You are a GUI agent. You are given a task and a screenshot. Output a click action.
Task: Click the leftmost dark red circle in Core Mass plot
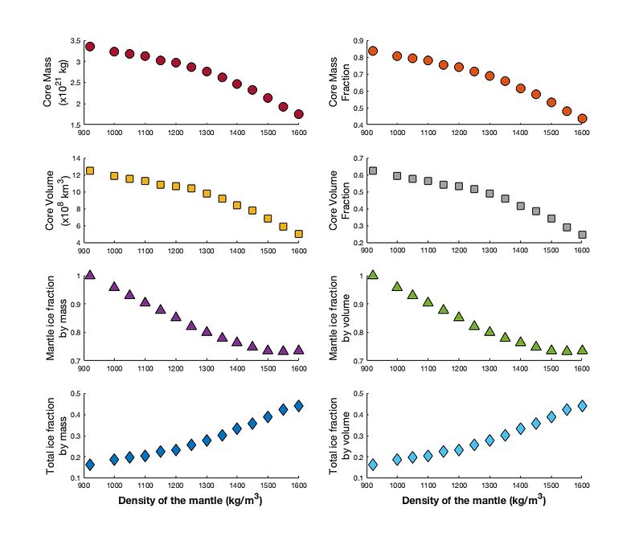(x=90, y=47)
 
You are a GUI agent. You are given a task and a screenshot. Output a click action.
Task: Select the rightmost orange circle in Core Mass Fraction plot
(x=582, y=118)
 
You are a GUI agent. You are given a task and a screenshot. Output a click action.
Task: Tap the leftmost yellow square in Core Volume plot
(x=90, y=170)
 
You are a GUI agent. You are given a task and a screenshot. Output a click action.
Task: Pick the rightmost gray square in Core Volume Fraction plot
(x=582, y=235)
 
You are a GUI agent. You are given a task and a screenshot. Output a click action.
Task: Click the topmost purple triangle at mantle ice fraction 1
(x=90, y=274)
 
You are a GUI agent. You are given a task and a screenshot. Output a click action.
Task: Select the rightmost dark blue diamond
(x=299, y=406)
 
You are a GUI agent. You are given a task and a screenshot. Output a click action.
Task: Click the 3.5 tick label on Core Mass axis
(x=75, y=41)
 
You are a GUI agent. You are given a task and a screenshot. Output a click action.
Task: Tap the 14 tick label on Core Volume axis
(x=76, y=158)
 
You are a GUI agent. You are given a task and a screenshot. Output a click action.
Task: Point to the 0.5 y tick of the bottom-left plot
(x=75, y=393)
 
